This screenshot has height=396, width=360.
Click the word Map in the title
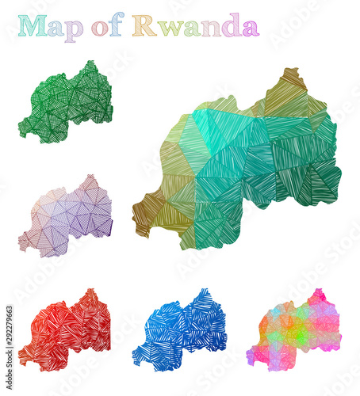tap(51, 26)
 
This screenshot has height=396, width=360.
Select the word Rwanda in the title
tap(195, 26)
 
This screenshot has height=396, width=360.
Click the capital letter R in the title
tap(144, 25)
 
